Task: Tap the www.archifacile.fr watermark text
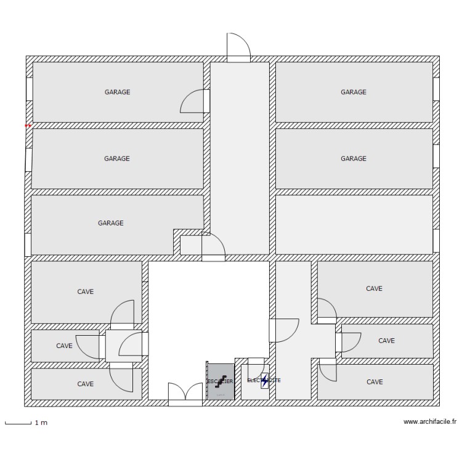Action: coord(429,423)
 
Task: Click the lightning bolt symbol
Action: coord(265,381)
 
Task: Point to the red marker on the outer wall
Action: coord(28,126)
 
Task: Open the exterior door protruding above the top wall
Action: coord(238,48)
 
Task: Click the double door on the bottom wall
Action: coord(185,394)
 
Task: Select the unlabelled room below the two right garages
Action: coord(354,224)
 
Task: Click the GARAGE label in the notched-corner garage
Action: coord(111,223)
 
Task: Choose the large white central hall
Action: coord(208,314)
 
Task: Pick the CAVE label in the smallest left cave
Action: coord(65,346)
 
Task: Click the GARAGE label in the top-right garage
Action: coord(354,92)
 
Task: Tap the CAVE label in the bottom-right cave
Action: coord(375,382)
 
